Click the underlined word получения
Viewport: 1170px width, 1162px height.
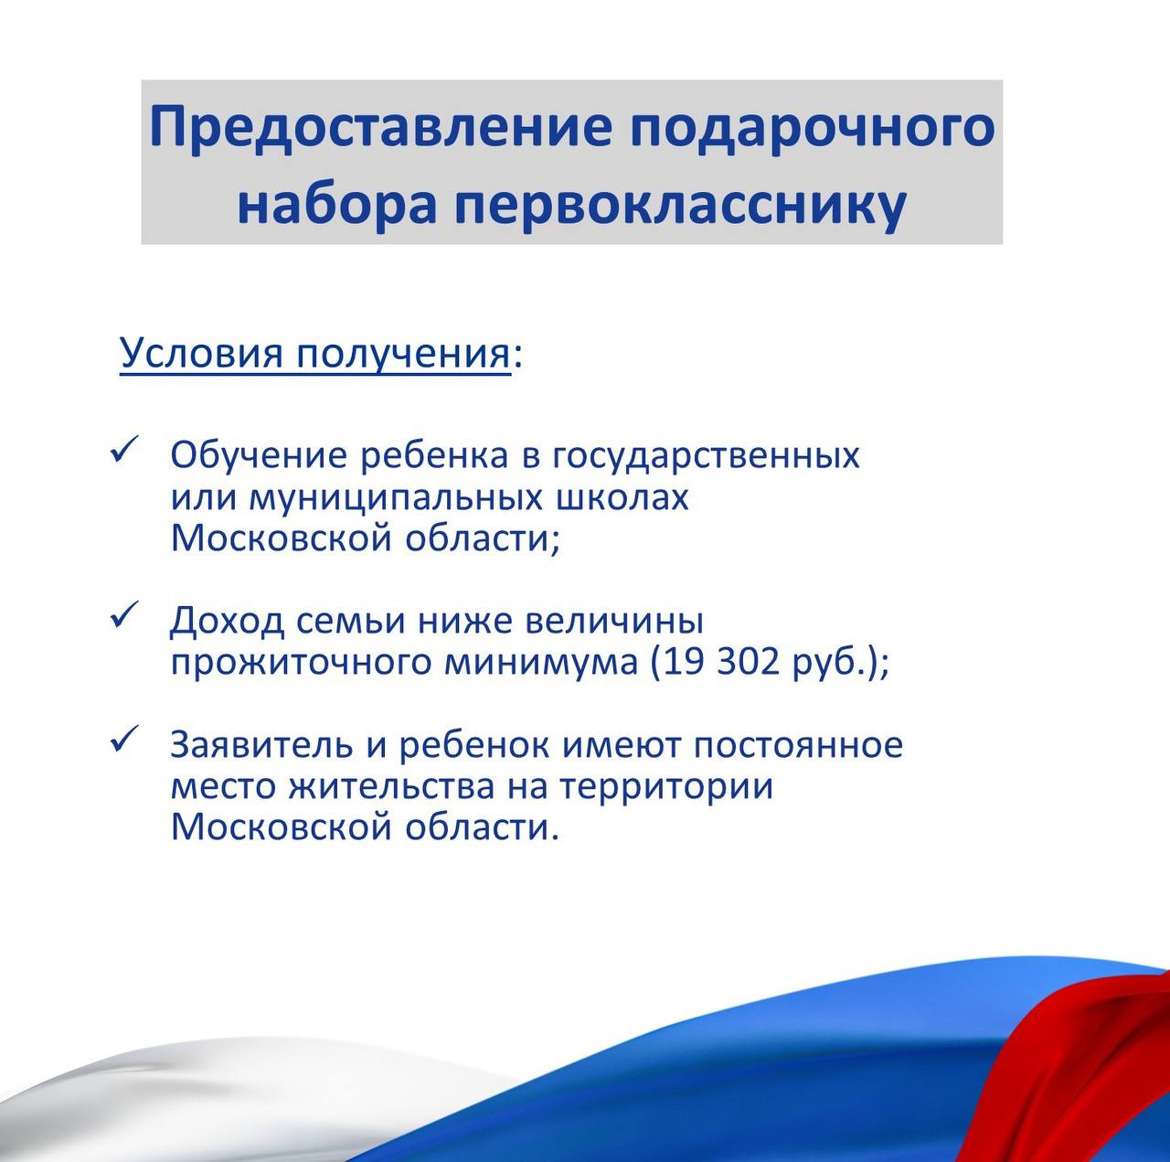click(x=402, y=355)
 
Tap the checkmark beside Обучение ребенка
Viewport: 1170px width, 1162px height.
click(x=125, y=451)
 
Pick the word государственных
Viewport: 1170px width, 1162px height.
click(x=707, y=457)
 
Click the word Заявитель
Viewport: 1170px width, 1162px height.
click(x=261, y=745)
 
